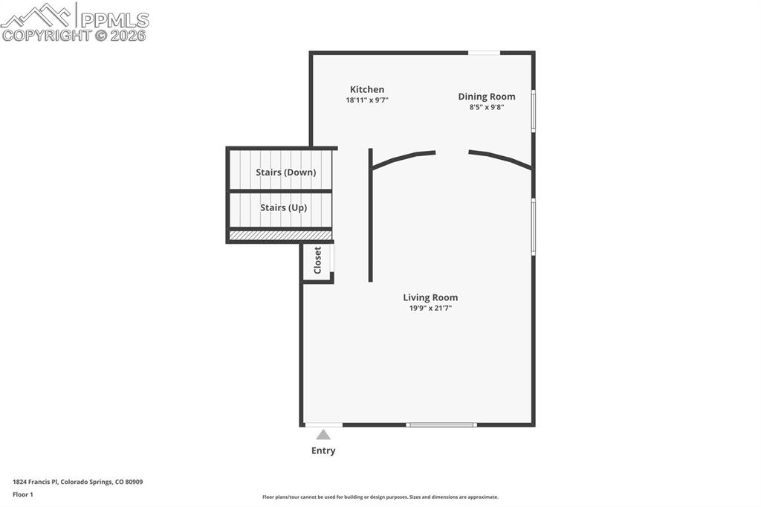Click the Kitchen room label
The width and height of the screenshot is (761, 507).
pyautogui.click(x=367, y=89)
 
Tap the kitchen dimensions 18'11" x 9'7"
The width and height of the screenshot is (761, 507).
pyautogui.click(x=367, y=100)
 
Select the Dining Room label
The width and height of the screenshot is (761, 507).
pyautogui.click(x=486, y=97)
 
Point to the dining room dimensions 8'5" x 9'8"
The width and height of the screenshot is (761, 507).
pyautogui.click(x=486, y=107)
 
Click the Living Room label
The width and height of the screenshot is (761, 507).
pyautogui.click(x=430, y=297)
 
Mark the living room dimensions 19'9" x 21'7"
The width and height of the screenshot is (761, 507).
pyautogui.click(x=430, y=308)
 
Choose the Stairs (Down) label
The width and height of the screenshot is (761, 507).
pyautogui.click(x=285, y=172)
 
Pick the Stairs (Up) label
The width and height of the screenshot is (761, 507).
pyautogui.click(x=283, y=208)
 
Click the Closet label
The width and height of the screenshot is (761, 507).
pyautogui.click(x=318, y=260)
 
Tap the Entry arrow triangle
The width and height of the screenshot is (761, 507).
pyautogui.click(x=323, y=435)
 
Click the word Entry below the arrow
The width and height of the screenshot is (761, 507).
pyautogui.click(x=323, y=451)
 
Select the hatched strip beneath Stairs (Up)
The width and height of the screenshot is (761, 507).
pyautogui.click(x=280, y=236)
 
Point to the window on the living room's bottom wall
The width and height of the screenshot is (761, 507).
pyautogui.click(x=441, y=424)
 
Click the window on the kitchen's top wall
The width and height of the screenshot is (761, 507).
pyautogui.click(x=484, y=53)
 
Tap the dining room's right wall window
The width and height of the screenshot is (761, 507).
pyautogui.click(x=533, y=111)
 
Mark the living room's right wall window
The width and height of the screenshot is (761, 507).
pyautogui.click(x=533, y=227)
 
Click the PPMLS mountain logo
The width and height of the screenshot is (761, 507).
pyautogui.click(x=37, y=15)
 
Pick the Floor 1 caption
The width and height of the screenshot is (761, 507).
pyautogui.click(x=23, y=494)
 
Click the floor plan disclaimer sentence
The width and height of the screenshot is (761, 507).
pyautogui.click(x=380, y=497)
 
